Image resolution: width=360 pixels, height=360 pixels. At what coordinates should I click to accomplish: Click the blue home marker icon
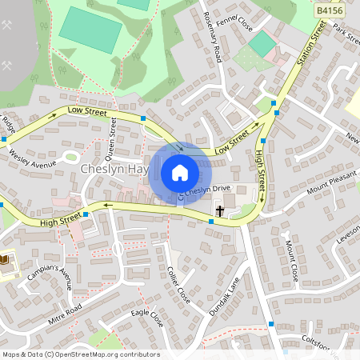point(180,172)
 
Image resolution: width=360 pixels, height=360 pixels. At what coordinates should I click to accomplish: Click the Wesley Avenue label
point(33,158)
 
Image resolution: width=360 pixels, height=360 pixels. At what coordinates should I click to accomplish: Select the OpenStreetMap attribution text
point(80,354)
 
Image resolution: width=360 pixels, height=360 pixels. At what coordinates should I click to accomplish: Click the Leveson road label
point(348,233)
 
